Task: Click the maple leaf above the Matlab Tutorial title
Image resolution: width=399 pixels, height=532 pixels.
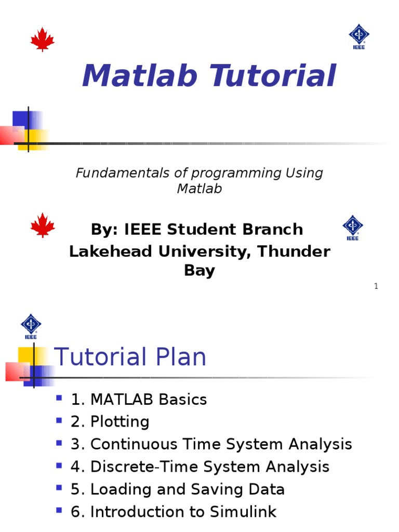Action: (43, 39)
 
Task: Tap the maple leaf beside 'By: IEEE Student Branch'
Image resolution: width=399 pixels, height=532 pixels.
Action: (43, 225)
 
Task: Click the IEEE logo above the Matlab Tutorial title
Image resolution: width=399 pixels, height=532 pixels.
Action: (358, 36)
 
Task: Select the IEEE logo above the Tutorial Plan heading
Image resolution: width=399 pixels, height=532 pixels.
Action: (31, 326)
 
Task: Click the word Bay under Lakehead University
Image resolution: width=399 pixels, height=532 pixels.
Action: (199, 271)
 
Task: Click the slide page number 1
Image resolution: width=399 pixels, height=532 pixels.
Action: (376, 286)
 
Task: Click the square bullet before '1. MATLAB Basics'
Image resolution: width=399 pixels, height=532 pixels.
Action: (59, 398)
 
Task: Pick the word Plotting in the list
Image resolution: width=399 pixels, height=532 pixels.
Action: (119, 422)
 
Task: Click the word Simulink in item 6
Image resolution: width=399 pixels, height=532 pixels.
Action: (243, 512)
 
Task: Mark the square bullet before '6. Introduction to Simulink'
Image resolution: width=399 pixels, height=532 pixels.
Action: (59, 511)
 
